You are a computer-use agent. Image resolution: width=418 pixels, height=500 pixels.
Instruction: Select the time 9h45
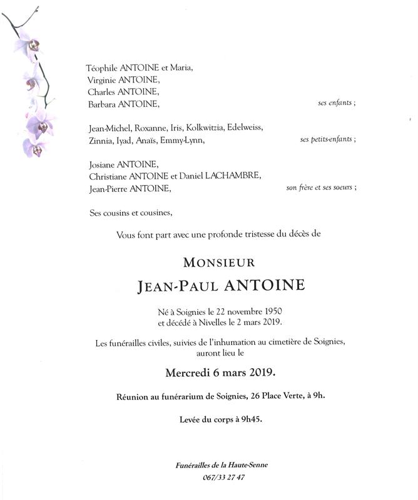pos(247,419)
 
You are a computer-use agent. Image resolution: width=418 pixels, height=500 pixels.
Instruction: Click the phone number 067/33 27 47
pos(223,477)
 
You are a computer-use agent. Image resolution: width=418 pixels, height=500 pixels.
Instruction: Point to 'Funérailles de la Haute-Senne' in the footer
pos(223,466)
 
